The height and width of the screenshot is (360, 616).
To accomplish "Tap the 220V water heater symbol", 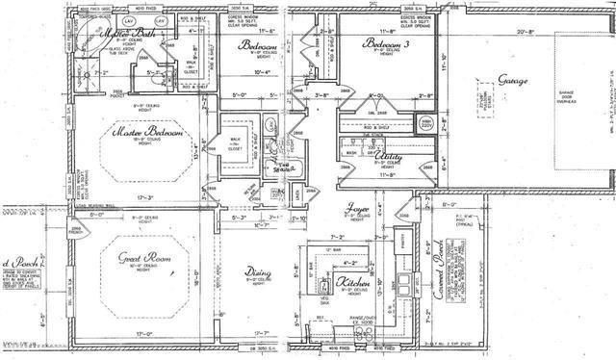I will [x=425, y=122].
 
